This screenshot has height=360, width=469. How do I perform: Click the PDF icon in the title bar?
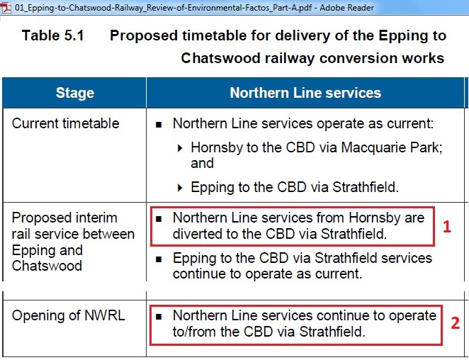point(6,8)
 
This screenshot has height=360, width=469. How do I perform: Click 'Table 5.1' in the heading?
point(53,35)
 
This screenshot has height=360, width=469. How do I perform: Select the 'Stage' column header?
point(75,93)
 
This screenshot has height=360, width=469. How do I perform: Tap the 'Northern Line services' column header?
point(305,93)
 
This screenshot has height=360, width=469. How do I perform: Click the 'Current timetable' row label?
point(65,123)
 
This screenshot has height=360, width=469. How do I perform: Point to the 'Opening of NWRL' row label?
point(69,315)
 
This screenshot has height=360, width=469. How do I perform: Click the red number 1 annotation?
point(447,227)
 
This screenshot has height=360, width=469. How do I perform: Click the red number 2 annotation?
point(456,323)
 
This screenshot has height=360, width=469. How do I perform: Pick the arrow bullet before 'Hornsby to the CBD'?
point(180,148)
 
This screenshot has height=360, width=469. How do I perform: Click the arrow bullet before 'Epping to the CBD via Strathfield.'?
point(180,188)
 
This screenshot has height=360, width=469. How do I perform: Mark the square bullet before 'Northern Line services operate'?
point(159,125)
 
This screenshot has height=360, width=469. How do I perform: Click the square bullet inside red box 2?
point(159,316)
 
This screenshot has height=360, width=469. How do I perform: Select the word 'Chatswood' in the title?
point(221,58)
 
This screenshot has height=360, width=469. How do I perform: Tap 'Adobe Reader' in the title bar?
point(346,8)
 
